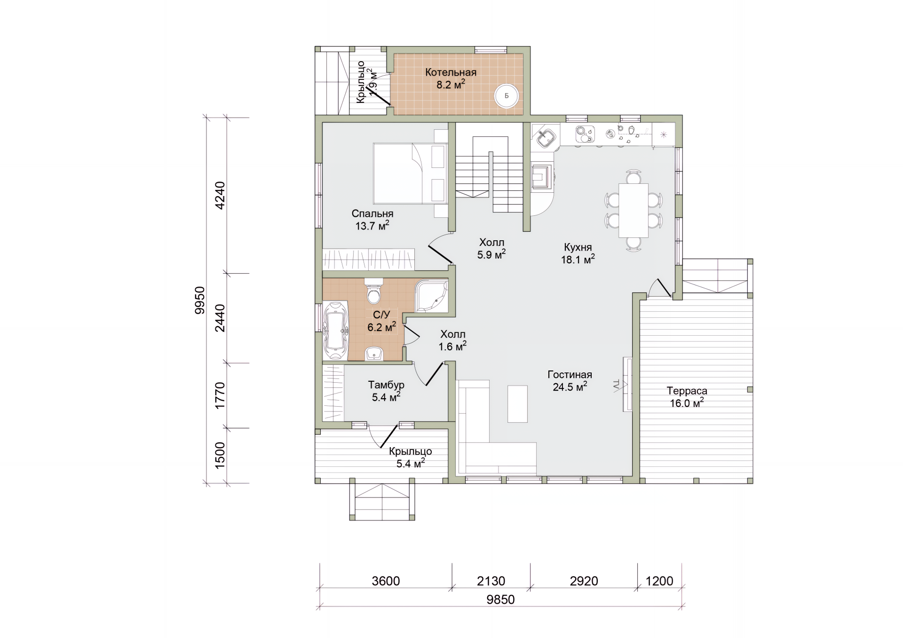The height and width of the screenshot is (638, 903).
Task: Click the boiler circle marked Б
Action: [507, 96]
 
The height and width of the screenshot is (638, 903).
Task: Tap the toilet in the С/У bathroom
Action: [374, 291]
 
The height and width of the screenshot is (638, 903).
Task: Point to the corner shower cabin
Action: [432, 296]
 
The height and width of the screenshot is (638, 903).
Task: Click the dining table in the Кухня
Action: [634, 210]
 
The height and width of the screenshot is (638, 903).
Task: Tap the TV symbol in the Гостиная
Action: [617, 385]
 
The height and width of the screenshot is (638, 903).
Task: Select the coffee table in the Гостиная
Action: [517, 404]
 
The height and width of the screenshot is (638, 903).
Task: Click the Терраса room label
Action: [687, 391]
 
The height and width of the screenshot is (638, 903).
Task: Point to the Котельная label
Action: [451, 72]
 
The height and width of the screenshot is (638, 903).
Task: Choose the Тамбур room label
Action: [386, 385]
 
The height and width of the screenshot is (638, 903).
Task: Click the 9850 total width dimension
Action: [500, 600]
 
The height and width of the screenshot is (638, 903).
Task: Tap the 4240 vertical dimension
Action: [220, 195]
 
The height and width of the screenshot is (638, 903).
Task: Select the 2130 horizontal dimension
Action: [491, 581]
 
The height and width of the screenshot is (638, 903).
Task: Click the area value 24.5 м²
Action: [570, 387]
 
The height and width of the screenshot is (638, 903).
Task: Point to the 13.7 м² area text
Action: [372, 226]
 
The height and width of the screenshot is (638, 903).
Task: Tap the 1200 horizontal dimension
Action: [659, 581]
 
